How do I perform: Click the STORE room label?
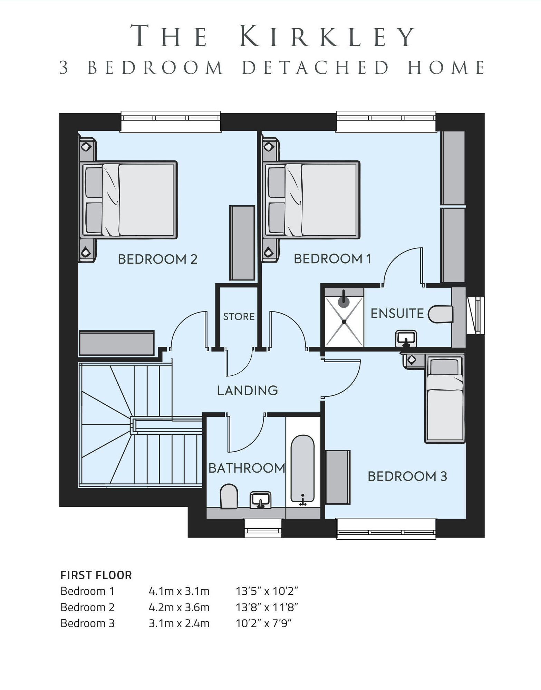pyautogui.click(x=239, y=316)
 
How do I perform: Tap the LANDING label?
pyautogui.click(x=247, y=390)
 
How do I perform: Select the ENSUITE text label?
pyautogui.click(x=397, y=313)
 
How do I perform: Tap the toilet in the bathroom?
pyautogui.click(x=229, y=496)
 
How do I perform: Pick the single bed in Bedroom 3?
pyautogui.click(x=444, y=399)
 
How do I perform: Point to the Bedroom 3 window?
pyautogui.click(x=386, y=528)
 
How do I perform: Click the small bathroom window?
pyautogui.click(x=263, y=528)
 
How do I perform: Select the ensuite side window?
pyautogui.click(x=475, y=315)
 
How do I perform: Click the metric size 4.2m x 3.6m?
pyautogui.click(x=179, y=607)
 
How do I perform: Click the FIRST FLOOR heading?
pyautogui.click(x=96, y=575)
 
